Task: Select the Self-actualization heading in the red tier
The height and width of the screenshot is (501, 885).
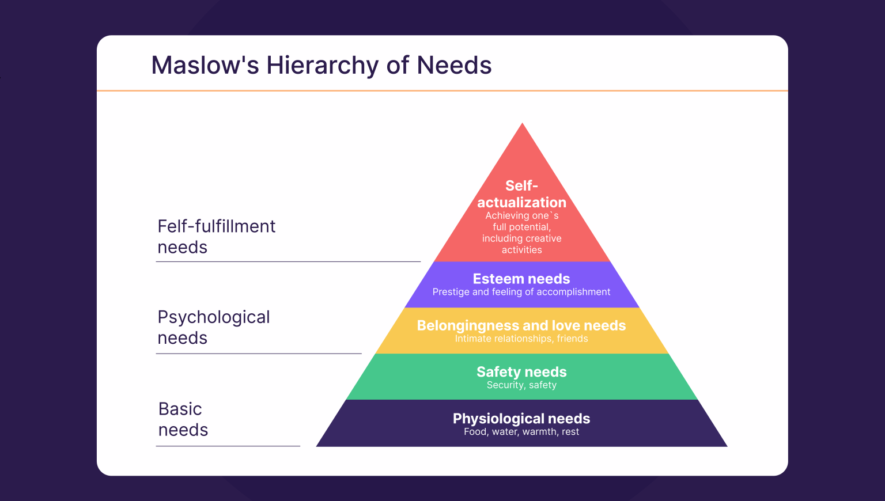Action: point(521,194)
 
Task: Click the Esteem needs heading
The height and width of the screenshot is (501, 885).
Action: point(521,279)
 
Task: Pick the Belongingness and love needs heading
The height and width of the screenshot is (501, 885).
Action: point(521,325)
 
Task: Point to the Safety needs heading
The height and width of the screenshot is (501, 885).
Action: point(521,372)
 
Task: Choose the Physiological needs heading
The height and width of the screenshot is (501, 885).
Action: point(521,419)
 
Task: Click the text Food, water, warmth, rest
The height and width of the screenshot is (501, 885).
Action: point(521,432)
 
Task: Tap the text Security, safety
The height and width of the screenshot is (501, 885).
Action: point(521,385)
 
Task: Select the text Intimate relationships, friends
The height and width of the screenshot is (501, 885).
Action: point(521,339)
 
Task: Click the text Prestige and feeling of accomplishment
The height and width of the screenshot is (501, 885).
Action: point(521,292)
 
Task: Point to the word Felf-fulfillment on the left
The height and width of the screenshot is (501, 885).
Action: point(217,226)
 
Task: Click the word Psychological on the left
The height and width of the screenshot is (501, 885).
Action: point(214,317)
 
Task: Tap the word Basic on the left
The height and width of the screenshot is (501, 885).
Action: point(180,409)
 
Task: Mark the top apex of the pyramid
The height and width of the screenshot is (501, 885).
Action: point(523,124)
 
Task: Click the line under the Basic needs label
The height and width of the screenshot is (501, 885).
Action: point(228,446)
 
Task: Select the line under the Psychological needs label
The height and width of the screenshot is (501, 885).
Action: point(259,354)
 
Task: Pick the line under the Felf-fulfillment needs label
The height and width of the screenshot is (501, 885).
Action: point(288,261)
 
